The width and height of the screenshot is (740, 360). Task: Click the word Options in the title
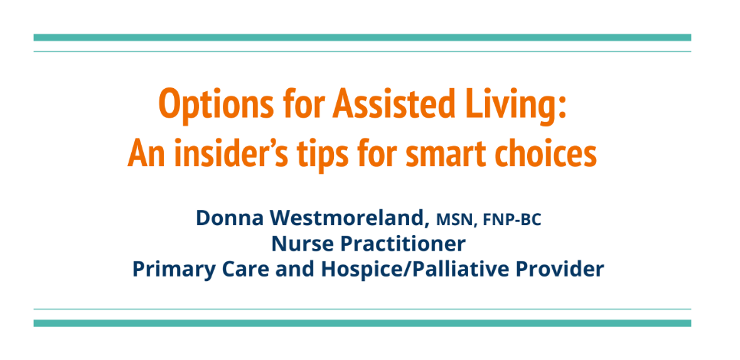coord(216,105)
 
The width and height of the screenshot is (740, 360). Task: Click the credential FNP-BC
coord(512,220)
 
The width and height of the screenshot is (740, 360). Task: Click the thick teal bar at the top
coord(362,38)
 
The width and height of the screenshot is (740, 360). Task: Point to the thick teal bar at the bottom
coord(362,323)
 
